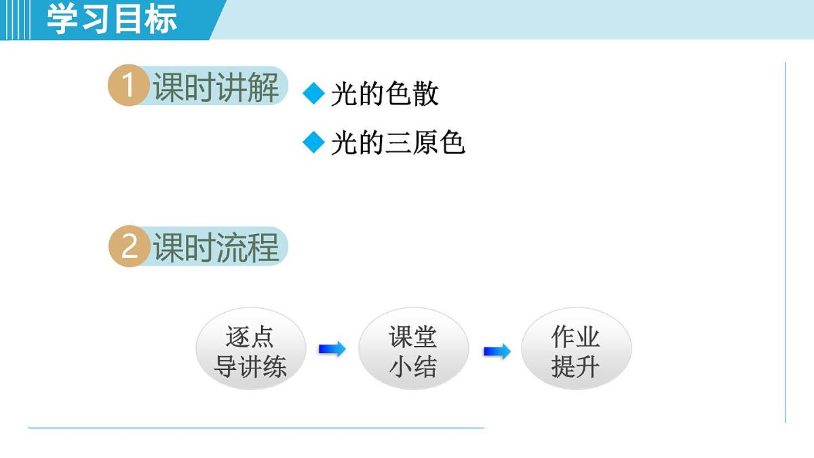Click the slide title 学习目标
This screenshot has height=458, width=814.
coord(112,19)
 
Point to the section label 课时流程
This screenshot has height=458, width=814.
coord(216,247)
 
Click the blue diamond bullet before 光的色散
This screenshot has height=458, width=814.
coord(314,94)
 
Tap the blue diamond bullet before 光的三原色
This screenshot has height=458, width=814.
coord(314,142)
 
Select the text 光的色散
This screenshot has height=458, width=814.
coord(385,94)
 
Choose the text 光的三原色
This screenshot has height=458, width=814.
coord(398,143)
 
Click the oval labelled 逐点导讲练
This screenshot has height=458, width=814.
coord(250,351)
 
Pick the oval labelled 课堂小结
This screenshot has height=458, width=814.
coord(413,351)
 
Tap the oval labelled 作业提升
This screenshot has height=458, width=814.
coord(576,351)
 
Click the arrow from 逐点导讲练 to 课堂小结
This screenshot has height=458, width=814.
coord(332,349)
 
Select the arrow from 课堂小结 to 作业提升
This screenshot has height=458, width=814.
coord(497,351)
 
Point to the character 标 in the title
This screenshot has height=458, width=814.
coord(161,19)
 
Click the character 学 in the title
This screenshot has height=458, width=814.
coord(62,19)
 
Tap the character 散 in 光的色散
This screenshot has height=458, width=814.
coord(425,94)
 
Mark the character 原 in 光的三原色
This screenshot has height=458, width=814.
coord(425,143)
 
